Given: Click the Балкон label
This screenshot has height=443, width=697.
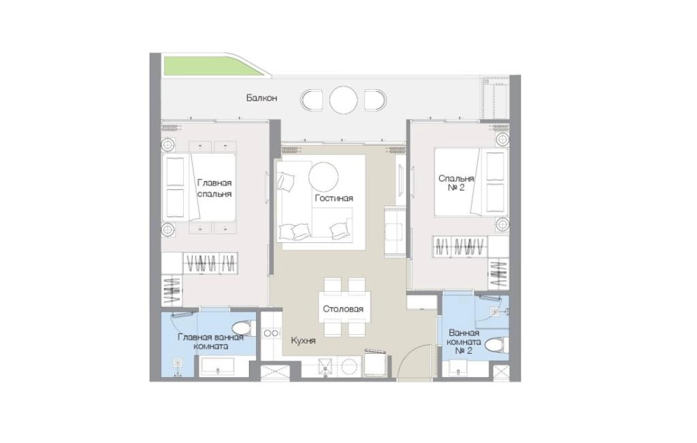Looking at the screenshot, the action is pyautogui.click(x=261, y=98).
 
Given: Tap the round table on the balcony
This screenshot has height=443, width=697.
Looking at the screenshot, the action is pyautogui.click(x=344, y=100).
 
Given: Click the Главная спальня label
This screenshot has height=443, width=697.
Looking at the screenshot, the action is pyautogui.click(x=214, y=188).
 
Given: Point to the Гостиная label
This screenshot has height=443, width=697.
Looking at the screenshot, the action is pyautogui.click(x=334, y=198).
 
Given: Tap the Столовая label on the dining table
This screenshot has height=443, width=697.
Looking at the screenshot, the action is pyautogui.click(x=343, y=309).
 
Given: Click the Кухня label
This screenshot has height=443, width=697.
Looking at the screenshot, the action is pyautogui.click(x=303, y=341).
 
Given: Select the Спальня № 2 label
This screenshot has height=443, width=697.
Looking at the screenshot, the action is pyautogui.click(x=456, y=183).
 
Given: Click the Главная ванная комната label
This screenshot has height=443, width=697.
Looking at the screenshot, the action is pyautogui.click(x=211, y=342).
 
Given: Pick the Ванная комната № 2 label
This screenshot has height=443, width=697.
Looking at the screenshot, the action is pyautogui.click(x=464, y=342).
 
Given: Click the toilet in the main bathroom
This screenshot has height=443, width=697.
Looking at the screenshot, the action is pyautogui.click(x=244, y=329).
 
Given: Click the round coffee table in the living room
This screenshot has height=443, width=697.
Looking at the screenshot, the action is pyautogui.click(x=323, y=176).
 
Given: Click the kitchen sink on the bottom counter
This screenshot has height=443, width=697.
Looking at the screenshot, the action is pyautogui.click(x=327, y=367).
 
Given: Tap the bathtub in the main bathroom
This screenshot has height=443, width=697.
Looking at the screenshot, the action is pyautogui.click(x=217, y=367).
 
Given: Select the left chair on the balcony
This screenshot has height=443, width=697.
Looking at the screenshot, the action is pyautogui.click(x=312, y=100).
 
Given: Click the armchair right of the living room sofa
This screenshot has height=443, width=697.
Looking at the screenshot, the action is pyautogui.click(x=395, y=231).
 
